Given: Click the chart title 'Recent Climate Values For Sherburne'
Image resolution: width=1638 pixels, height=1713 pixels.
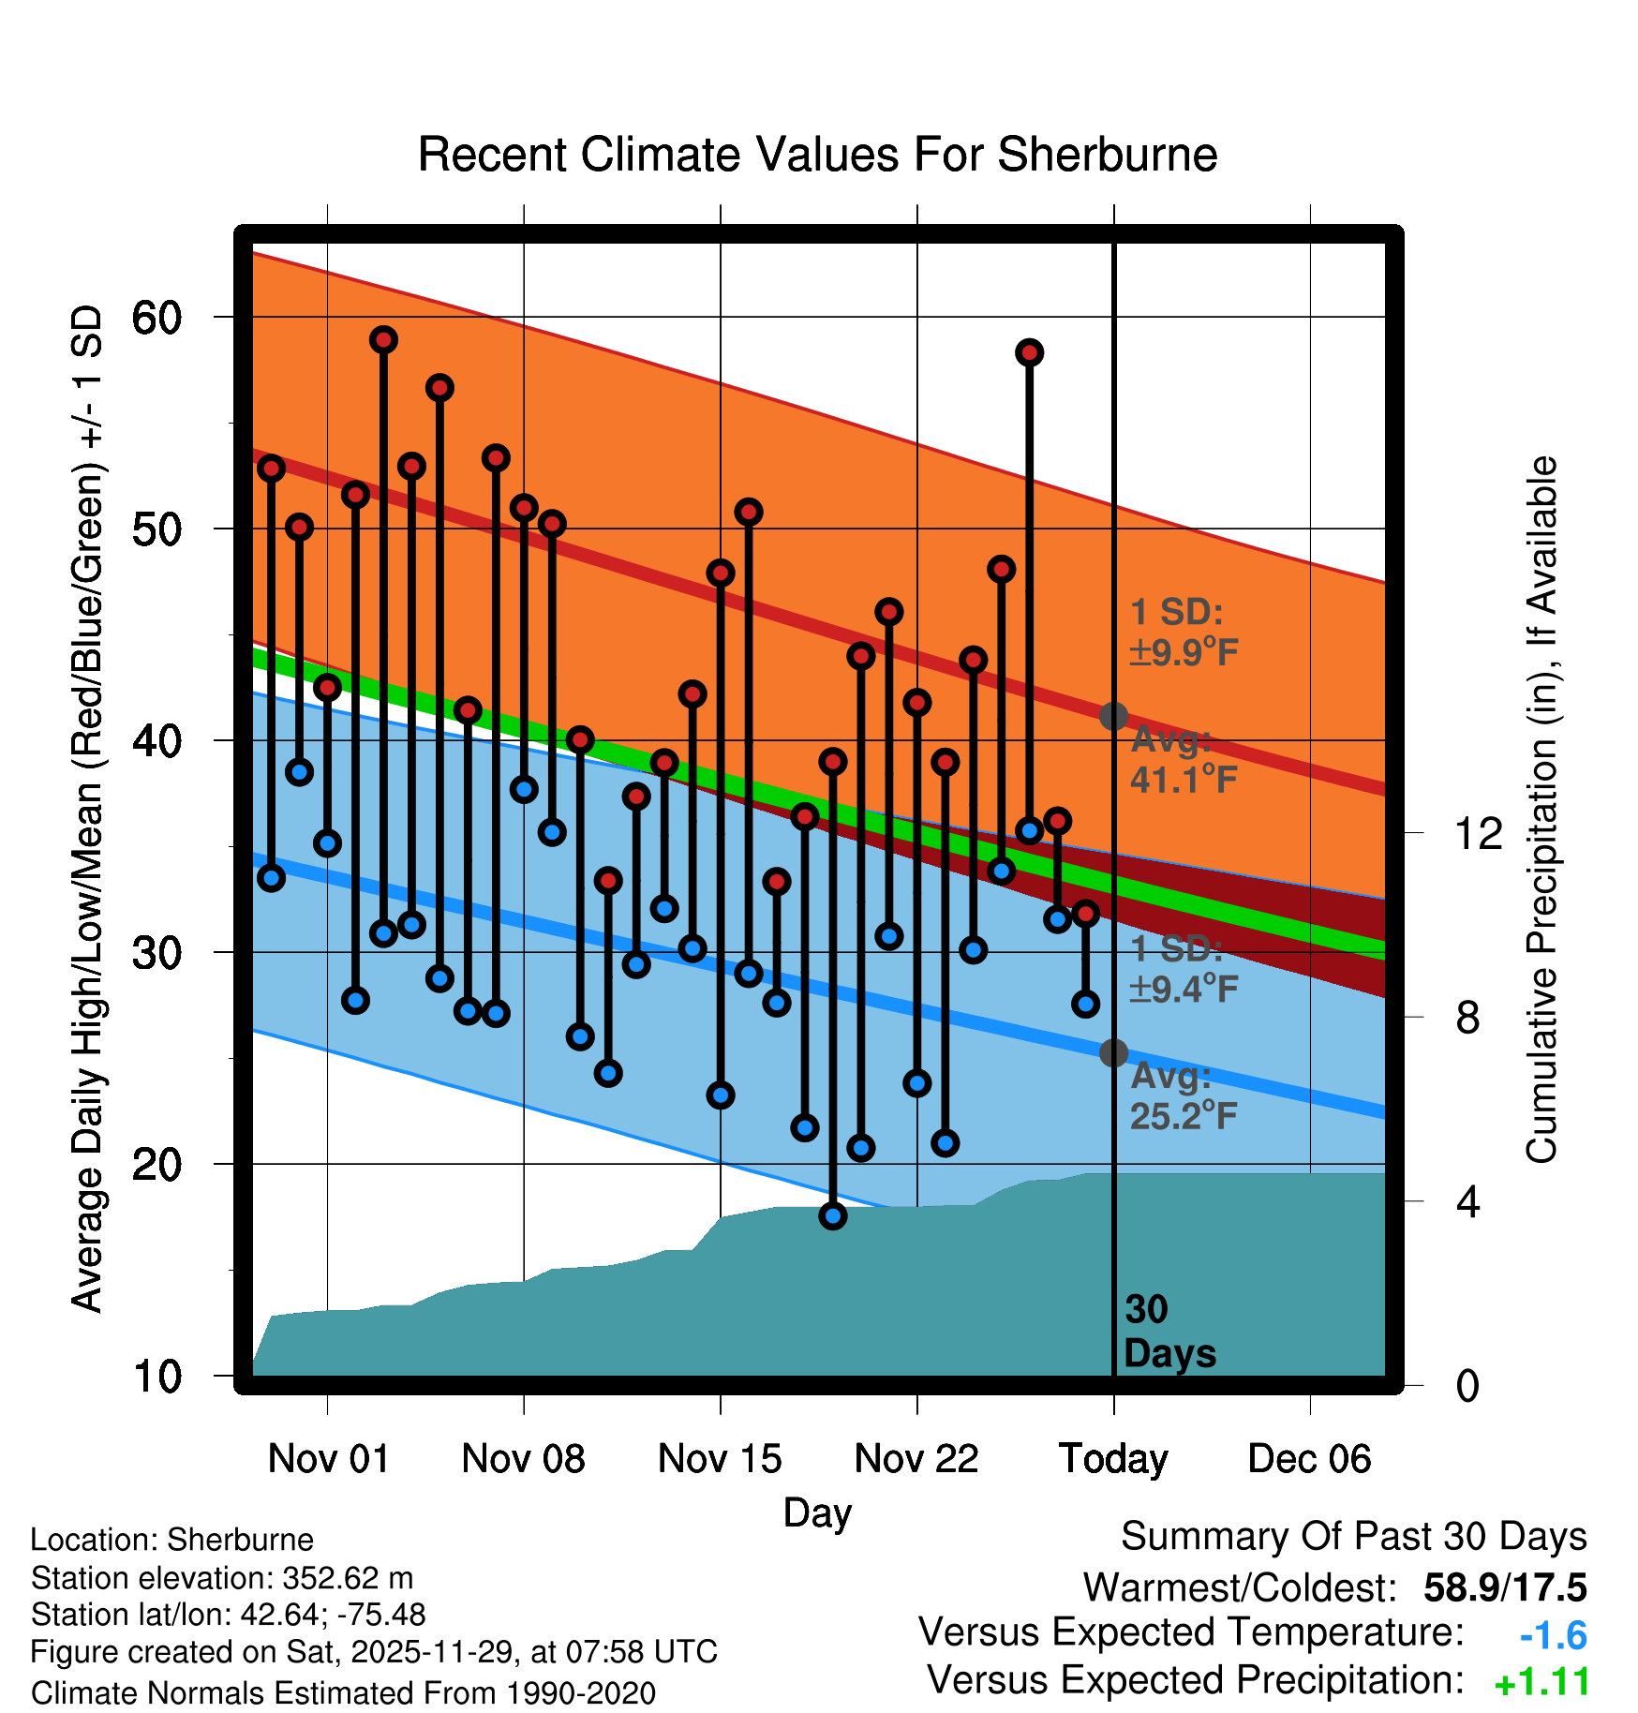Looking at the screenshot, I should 817,155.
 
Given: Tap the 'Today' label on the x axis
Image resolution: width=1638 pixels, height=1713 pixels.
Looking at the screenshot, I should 1113,1459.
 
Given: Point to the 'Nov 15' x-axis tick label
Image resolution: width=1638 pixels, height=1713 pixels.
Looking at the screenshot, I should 720,1459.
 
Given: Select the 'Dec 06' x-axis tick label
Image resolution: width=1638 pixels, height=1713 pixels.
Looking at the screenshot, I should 1309,1459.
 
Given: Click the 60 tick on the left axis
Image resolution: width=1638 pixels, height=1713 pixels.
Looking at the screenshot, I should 156,319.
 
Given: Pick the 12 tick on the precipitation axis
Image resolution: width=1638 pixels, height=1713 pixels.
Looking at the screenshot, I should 1478,833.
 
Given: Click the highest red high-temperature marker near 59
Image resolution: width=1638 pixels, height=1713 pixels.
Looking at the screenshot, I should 383,339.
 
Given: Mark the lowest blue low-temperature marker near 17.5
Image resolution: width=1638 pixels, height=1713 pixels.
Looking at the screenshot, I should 833,1215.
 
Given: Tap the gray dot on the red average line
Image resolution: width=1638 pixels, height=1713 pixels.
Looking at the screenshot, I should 1113,717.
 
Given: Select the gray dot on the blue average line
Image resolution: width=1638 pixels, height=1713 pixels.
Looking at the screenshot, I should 1113,1053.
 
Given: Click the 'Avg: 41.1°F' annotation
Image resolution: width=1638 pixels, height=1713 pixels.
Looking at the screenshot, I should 1183,760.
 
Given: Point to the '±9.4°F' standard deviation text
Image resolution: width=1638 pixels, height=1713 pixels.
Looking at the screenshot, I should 1184,989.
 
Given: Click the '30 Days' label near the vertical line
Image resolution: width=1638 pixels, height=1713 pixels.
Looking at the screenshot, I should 1169,1332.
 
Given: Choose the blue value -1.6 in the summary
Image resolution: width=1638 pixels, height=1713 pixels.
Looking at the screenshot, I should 1553,1636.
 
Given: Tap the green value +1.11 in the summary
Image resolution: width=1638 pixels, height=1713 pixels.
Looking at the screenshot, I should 1541,1683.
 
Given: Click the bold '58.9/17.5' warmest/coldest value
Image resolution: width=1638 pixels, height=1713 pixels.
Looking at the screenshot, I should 1504,1588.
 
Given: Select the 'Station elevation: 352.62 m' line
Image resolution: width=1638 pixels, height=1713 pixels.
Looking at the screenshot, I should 222,1578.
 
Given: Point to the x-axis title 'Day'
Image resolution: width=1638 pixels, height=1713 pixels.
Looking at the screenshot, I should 817,1512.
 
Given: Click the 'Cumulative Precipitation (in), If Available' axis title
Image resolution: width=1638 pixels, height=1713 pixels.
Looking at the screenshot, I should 1541,810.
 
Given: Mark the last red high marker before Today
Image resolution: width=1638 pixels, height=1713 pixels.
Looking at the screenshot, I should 1085,913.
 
